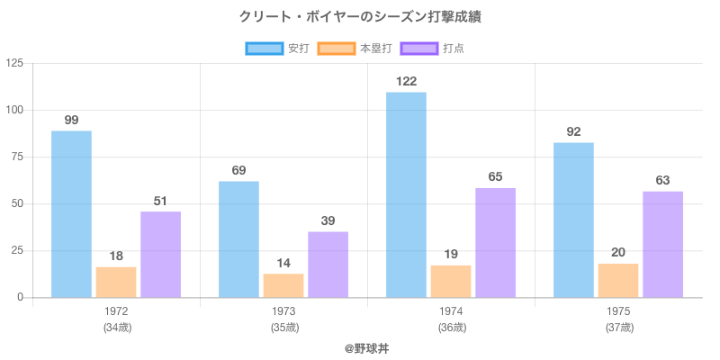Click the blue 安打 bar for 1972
(71, 214)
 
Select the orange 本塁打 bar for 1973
(283, 285)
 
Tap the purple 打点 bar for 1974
(496, 243)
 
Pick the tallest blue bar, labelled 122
(406, 194)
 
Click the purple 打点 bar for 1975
(662, 244)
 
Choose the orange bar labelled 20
(618, 280)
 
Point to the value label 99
(71, 120)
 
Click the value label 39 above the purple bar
(328, 220)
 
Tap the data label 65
(496, 176)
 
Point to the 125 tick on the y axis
(15, 63)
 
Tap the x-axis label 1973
(283, 311)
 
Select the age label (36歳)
(451, 327)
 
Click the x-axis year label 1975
(618, 311)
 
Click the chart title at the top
(360, 17)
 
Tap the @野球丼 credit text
(360, 347)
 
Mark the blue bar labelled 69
(238, 239)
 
